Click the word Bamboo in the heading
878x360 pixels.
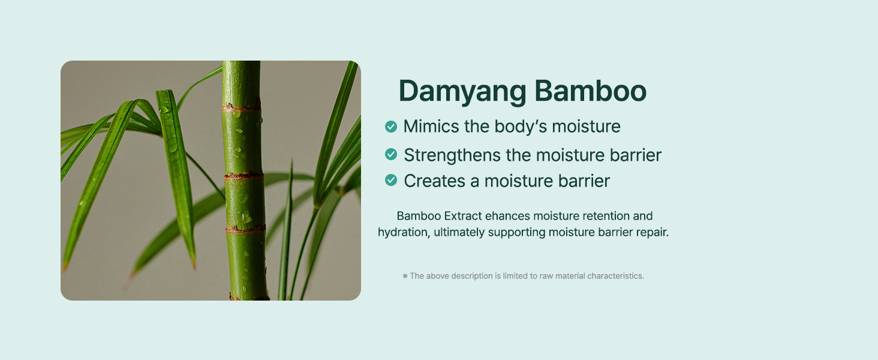[590, 91]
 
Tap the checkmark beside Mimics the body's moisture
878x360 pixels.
[391, 127]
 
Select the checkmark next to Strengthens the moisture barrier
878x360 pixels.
[391, 155]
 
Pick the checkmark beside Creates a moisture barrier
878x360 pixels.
[391, 181]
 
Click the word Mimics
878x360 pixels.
[431, 127]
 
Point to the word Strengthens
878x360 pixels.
[452, 155]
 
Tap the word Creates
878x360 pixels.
[435, 181]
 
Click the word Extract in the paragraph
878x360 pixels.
[464, 215]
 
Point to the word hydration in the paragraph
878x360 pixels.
[404, 233]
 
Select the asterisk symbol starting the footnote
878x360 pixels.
[405, 276]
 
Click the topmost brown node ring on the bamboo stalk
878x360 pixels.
[242, 107]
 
